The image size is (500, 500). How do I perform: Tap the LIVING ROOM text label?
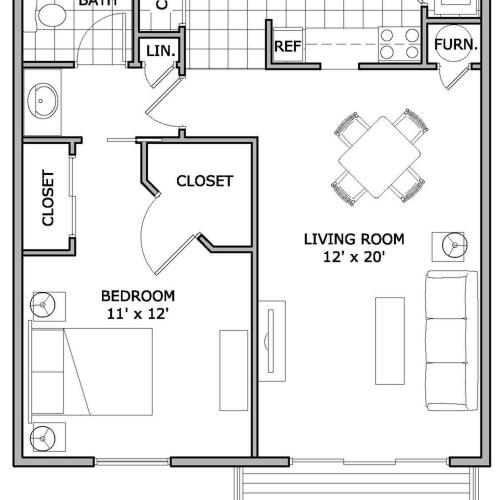coord(354,239)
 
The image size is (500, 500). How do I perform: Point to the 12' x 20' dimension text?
coord(354,258)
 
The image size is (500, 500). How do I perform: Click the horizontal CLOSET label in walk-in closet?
coord(204,181)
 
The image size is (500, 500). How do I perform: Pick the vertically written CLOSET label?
coord(47,199)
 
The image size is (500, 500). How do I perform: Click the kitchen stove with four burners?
coord(398,43)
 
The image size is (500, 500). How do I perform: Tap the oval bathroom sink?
coord(44,101)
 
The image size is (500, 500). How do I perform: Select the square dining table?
coord(377,157)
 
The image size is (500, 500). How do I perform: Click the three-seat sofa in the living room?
coord(448,340)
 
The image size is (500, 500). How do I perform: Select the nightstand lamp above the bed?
coord(45,304)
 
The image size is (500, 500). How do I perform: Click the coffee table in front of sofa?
coord(390,340)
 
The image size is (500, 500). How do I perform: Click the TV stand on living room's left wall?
coord(271,340)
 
